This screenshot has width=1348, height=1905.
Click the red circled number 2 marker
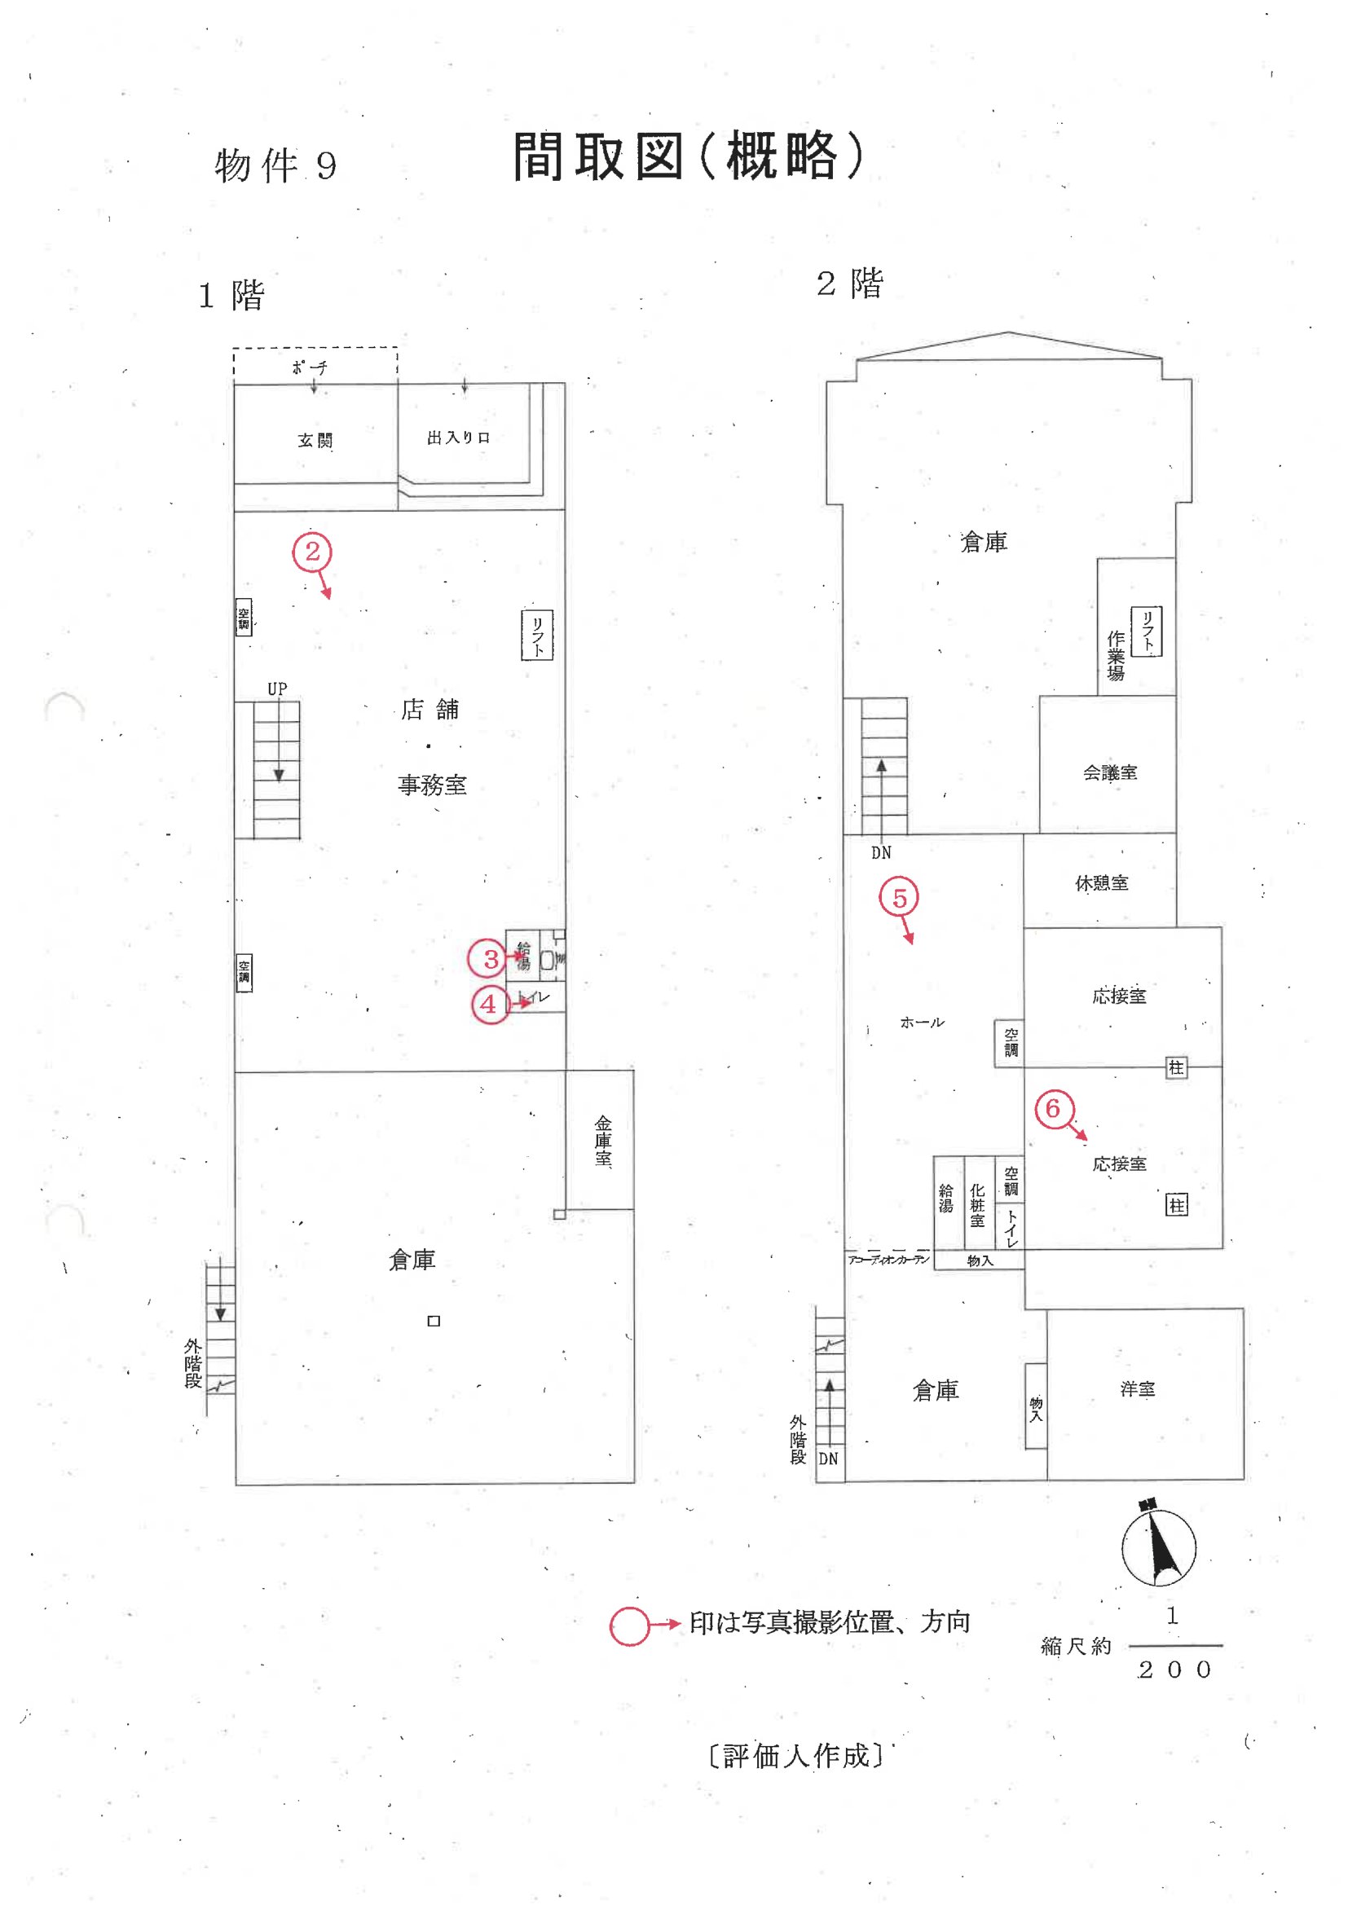pyautogui.click(x=312, y=552)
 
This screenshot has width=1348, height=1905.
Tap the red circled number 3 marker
pyautogui.click(x=488, y=959)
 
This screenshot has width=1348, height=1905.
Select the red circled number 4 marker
pyautogui.click(x=490, y=1005)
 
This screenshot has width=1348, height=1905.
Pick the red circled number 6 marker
pyautogui.click(x=1054, y=1108)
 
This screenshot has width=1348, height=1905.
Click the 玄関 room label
pyautogui.click(x=315, y=441)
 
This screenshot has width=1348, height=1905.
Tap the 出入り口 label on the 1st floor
pyautogui.click(x=458, y=438)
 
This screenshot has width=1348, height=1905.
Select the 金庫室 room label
pyautogui.click(x=603, y=1141)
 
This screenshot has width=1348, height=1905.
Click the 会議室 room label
pyautogui.click(x=1110, y=772)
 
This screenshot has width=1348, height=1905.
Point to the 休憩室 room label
pyautogui.click(x=1102, y=882)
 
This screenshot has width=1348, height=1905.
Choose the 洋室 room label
pyautogui.click(x=1137, y=1389)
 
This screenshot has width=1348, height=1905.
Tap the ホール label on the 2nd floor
pyautogui.click(x=923, y=1023)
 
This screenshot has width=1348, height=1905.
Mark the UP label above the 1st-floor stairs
pyautogui.click(x=277, y=689)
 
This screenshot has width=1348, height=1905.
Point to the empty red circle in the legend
pyautogui.click(x=630, y=1626)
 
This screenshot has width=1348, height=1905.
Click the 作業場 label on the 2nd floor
pyautogui.click(x=1117, y=655)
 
